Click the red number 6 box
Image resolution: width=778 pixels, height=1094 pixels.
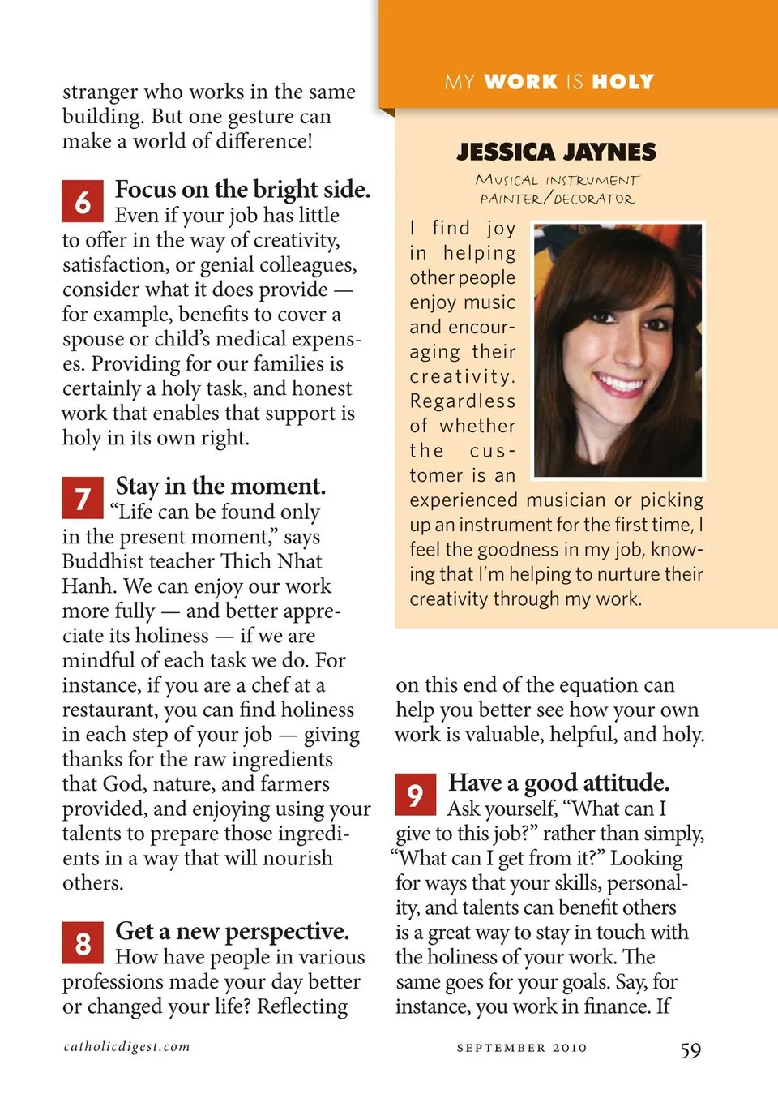click(83, 201)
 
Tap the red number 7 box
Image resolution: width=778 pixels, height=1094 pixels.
click(83, 498)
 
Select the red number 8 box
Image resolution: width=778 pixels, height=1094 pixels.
click(83, 942)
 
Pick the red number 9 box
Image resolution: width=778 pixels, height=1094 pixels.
click(416, 795)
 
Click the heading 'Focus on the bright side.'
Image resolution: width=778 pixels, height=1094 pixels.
click(242, 190)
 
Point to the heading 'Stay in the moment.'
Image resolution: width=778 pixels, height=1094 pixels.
click(220, 487)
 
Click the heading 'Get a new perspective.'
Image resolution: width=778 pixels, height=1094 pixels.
click(233, 931)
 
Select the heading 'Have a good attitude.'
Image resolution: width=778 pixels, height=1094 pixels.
click(558, 783)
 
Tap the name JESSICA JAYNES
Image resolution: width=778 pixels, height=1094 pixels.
click(557, 152)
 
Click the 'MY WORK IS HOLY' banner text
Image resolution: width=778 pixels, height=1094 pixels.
click(549, 82)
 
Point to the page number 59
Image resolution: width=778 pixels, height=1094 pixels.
click(690, 1050)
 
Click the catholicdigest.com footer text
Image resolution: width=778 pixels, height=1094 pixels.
click(127, 1046)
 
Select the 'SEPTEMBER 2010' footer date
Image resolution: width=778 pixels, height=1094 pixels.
click(522, 1048)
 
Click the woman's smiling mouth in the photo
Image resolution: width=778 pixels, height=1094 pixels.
click(619, 383)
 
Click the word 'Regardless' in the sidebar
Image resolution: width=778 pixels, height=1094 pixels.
click(463, 401)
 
